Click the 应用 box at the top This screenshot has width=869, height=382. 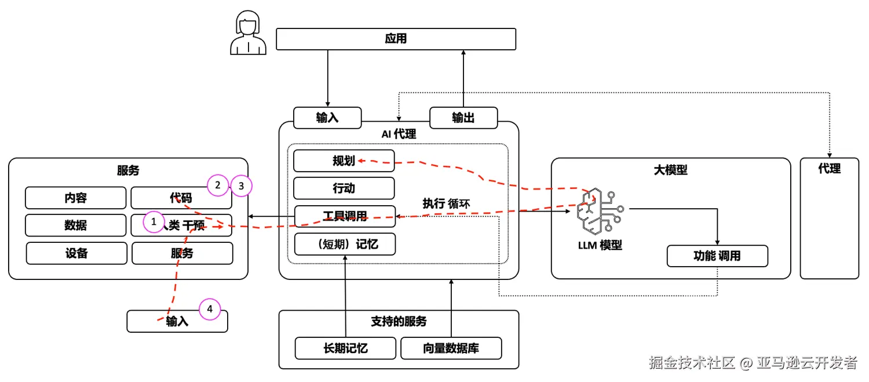pos(396,39)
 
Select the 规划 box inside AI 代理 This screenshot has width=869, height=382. pos(344,161)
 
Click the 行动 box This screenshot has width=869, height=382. pos(344,188)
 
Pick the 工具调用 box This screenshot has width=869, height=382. pos(345,216)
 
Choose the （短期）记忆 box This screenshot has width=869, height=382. pos(345,244)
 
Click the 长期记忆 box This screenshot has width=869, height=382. pos(345,348)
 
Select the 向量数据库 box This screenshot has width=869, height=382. pos(451,348)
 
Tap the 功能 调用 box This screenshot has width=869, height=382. pos(717,256)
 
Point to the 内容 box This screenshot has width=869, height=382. pos(75,198)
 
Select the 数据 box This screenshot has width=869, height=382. pos(75,225)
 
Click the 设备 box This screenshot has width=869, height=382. pos(76,253)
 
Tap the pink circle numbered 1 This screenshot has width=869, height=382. pos(154,221)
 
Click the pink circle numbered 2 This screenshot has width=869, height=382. pos(218,185)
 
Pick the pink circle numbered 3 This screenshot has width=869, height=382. pos(242,186)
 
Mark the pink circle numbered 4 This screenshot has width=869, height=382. pos(210,310)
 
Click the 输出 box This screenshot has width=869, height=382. pos(463,118)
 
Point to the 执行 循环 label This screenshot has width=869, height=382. pos(446,203)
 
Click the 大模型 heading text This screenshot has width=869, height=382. pos(670,170)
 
